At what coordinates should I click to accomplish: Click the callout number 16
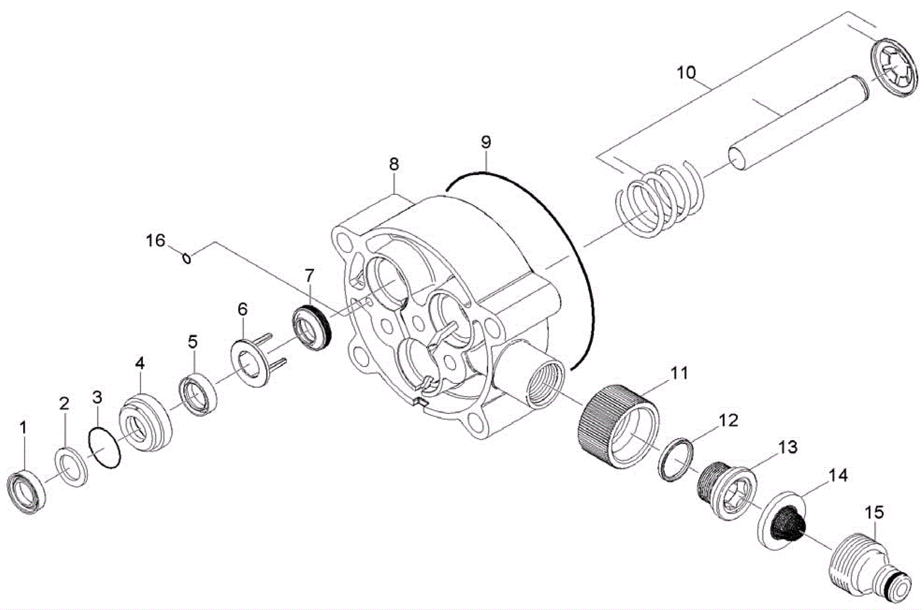(155, 241)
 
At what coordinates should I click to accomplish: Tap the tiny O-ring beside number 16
(187, 258)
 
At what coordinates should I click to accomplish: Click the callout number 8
(393, 164)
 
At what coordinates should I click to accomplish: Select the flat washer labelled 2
(72, 467)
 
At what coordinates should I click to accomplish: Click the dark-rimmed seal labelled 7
(311, 328)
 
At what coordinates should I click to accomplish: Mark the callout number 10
(686, 72)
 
